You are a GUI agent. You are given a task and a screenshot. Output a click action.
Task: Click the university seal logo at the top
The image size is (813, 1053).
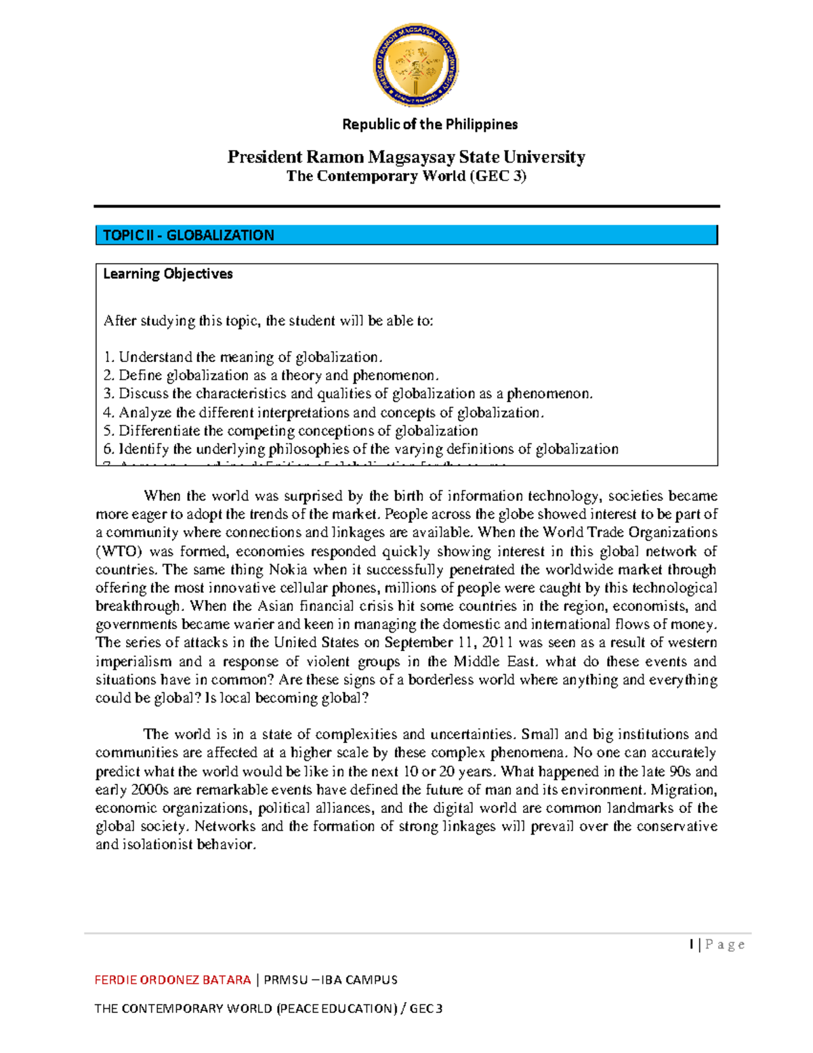pyautogui.click(x=415, y=65)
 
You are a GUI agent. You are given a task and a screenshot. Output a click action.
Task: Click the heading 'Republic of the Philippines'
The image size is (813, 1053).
pyautogui.click(x=430, y=124)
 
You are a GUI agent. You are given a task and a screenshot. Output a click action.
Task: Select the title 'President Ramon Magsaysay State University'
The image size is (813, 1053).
pyautogui.click(x=406, y=157)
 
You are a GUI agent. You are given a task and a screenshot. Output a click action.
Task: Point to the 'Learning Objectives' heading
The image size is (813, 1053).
pyautogui.click(x=167, y=274)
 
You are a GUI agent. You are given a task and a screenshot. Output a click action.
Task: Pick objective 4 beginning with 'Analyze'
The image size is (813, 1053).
pyautogui.click(x=323, y=412)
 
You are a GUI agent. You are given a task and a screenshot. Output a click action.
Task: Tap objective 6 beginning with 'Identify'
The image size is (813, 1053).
pyautogui.click(x=360, y=449)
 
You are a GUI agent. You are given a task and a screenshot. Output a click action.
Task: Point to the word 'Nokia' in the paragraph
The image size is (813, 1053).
pyautogui.click(x=288, y=570)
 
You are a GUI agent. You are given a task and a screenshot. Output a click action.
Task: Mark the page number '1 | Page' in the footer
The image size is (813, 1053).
pyautogui.click(x=717, y=945)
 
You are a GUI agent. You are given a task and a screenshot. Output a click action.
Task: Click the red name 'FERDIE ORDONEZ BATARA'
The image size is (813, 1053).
pyautogui.click(x=172, y=980)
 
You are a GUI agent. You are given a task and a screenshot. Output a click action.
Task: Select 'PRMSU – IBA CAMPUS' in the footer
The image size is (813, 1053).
pyautogui.click(x=330, y=980)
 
